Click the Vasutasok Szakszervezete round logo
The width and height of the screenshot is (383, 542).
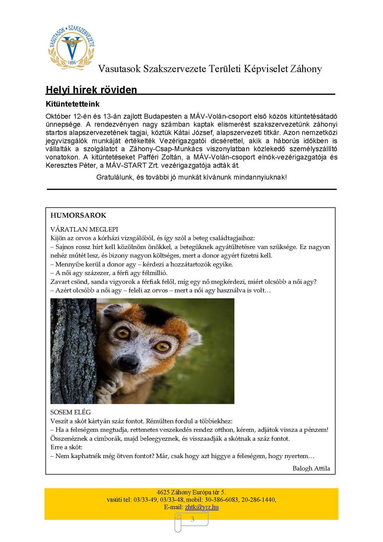71,48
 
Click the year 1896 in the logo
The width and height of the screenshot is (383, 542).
72,62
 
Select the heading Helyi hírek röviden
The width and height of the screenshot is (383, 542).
91,90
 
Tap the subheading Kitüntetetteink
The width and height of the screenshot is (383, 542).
73,104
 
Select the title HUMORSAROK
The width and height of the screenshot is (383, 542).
78,215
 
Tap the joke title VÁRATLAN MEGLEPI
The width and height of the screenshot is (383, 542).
84,229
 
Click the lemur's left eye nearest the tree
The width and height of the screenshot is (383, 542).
123,333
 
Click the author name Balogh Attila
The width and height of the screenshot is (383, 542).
311,468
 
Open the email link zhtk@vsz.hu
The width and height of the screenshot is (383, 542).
202,507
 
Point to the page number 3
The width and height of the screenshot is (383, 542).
193,519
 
